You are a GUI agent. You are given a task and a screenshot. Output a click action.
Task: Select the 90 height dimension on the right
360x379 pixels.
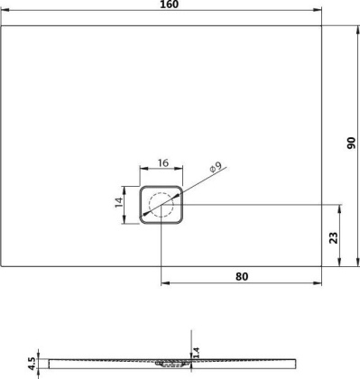click(x=352, y=144)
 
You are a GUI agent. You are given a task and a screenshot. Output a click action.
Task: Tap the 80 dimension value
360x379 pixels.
click(x=241, y=276)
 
